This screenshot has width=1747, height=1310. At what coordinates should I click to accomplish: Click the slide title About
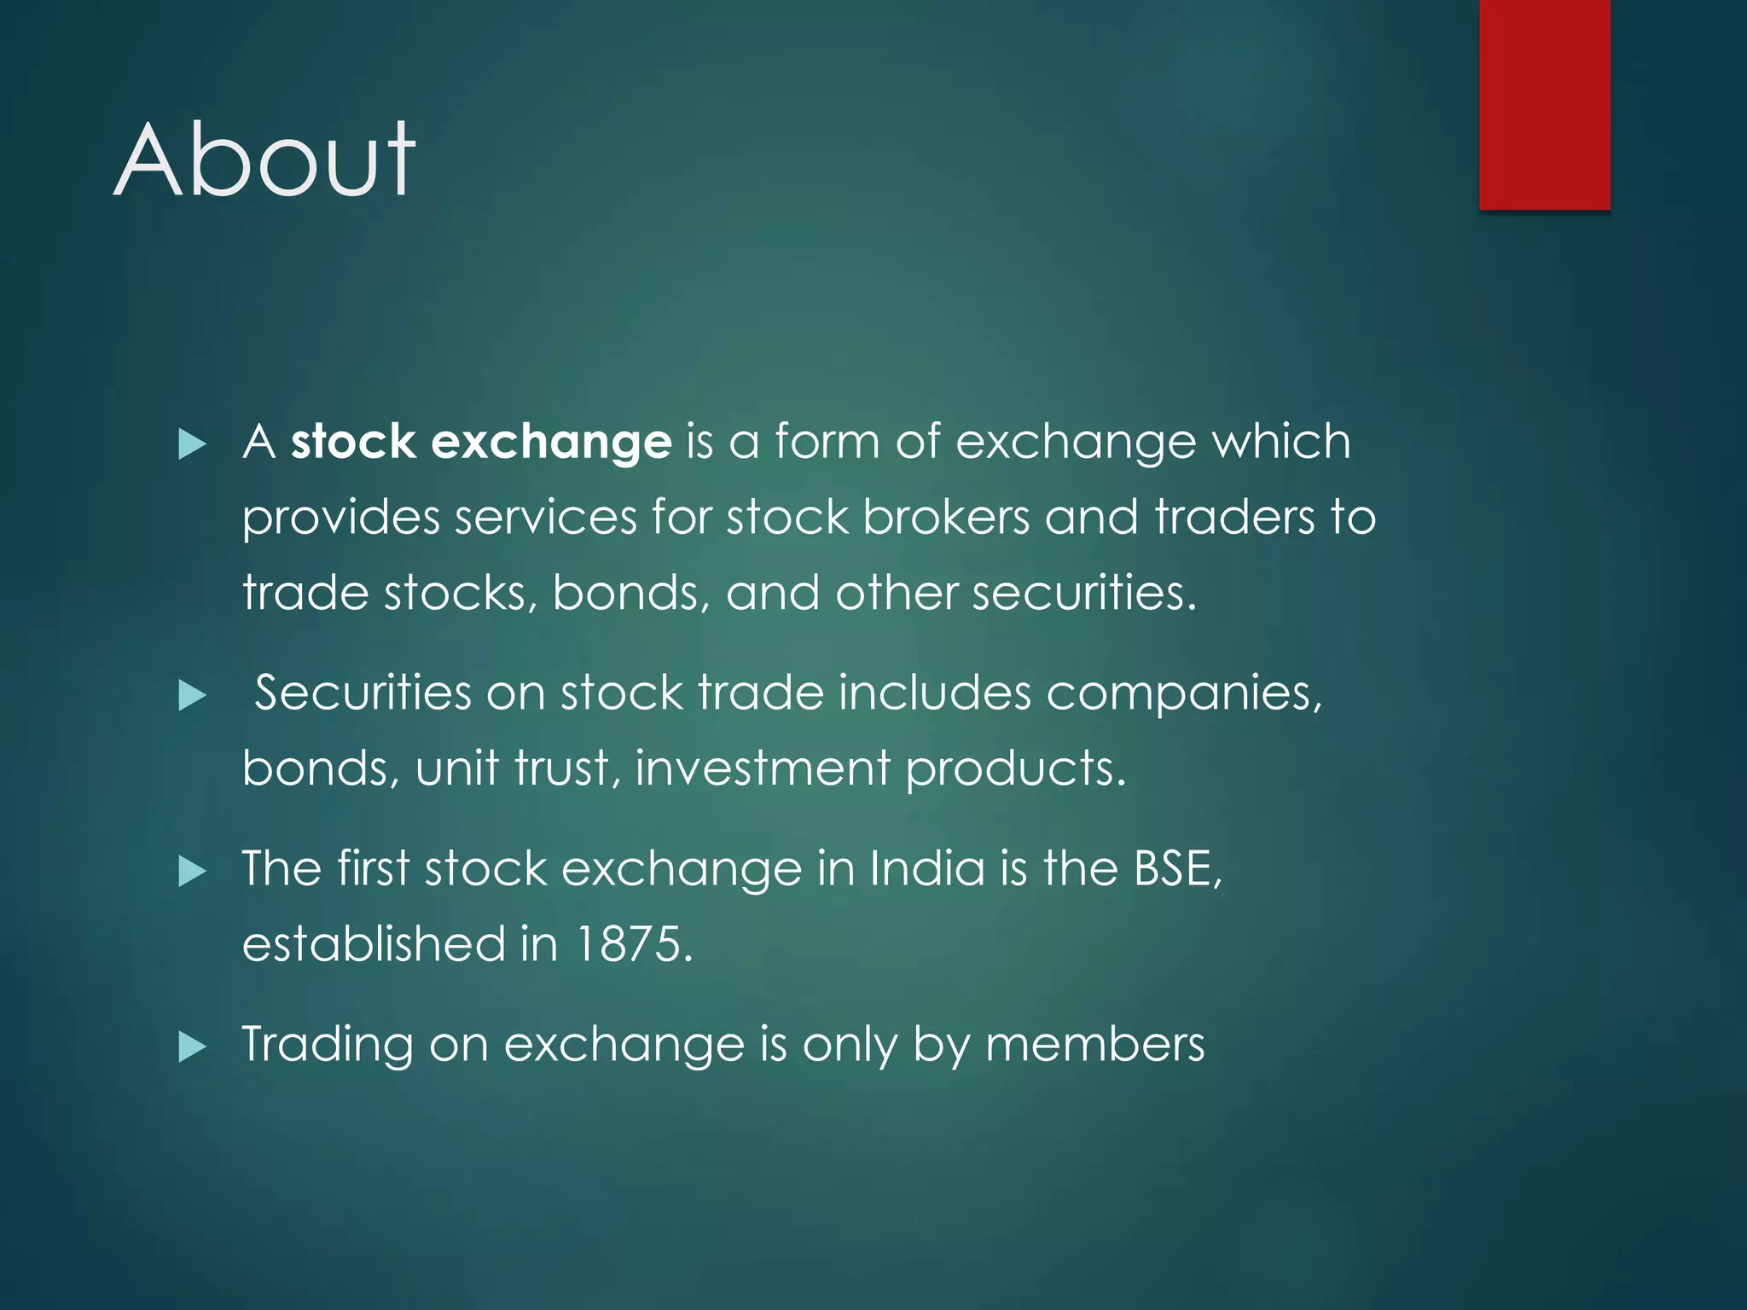point(264,160)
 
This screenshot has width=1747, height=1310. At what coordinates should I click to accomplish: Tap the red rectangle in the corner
point(1544,104)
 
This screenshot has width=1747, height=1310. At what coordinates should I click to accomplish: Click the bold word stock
point(353,442)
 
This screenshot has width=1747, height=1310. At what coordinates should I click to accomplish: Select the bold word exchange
point(551,443)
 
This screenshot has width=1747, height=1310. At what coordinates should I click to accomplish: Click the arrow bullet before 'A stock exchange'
point(192,444)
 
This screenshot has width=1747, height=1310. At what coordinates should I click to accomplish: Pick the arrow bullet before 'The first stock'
point(192,872)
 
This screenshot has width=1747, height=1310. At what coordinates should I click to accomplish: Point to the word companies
point(1183,693)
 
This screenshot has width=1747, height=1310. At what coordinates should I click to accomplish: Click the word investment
point(762,768)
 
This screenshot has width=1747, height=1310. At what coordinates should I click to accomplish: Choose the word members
point(1094,1044)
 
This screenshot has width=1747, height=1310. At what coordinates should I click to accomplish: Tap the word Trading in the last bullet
point(328,1046)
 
